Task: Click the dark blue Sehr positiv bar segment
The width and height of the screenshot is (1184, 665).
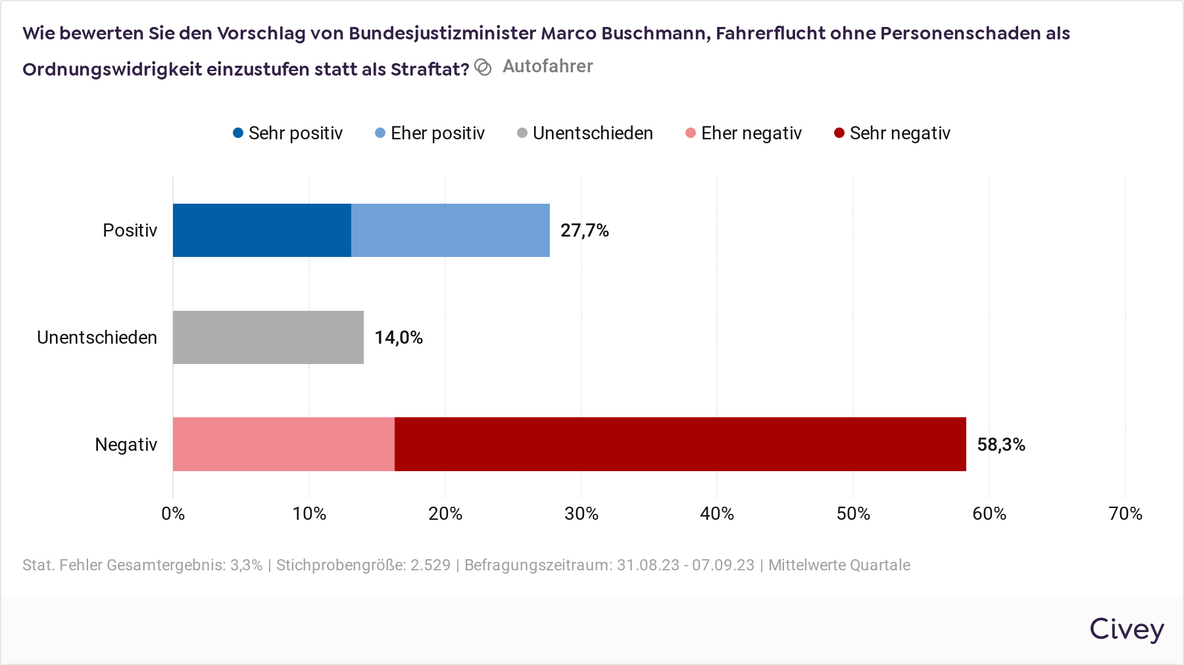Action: pos(262,230)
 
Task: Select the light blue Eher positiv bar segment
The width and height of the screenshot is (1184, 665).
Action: pos(451,230)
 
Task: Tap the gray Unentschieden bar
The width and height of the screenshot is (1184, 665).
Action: pos(268,337)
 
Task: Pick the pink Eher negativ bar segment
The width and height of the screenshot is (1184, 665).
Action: pos(284,444)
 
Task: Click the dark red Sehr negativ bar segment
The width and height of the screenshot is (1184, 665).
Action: pos(680,444)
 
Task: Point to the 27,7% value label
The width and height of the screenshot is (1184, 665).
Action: pos(584,231)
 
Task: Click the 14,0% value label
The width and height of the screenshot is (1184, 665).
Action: pos(399,338)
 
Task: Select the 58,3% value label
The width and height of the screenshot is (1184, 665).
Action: pos(1001,445)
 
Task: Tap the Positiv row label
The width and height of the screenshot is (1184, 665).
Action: pos(130,231)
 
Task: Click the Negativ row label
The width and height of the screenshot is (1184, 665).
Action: pos(126,445)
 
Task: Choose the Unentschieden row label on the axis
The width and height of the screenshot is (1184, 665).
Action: pos(97,338)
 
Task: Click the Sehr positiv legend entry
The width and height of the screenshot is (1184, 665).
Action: pos(288,133)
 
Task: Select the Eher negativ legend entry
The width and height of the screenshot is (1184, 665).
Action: pos(744,133)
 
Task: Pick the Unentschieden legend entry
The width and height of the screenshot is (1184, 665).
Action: pos(585,133)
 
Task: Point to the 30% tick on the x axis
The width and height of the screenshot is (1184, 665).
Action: pos(581,514)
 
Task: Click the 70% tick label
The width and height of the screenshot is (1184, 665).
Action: pos(1125,514)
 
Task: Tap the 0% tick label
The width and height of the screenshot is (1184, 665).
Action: pos(173,514)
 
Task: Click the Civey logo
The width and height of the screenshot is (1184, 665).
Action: pos(1127,630)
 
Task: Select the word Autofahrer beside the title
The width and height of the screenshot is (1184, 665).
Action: pos(547,66)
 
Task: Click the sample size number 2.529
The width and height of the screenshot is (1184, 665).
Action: pos(431,565)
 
